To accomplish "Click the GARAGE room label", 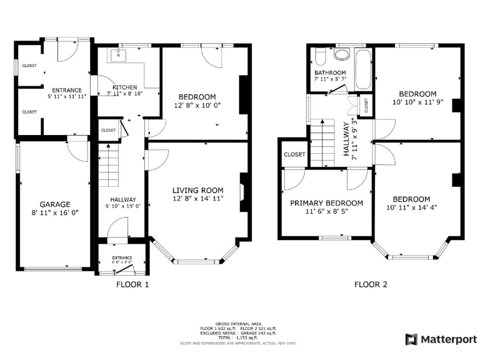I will coord(55,204).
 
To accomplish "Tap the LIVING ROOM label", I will coord(197,190).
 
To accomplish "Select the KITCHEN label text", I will coord(124,87).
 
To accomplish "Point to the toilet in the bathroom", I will coord(319,58).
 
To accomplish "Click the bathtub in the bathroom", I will coord(362,71).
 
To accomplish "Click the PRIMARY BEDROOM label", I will coord(326,203).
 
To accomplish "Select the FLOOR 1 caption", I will coord(132,284).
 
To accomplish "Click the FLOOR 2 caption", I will coord(371,284).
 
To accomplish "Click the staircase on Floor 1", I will coord(109,162).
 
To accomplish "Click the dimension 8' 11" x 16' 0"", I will coord(55,212).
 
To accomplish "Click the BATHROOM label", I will coord(329,72).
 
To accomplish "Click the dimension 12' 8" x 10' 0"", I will coord(197,105).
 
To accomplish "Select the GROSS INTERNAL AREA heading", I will coord(240,323).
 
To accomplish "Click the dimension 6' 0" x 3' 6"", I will coord(122,262).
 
